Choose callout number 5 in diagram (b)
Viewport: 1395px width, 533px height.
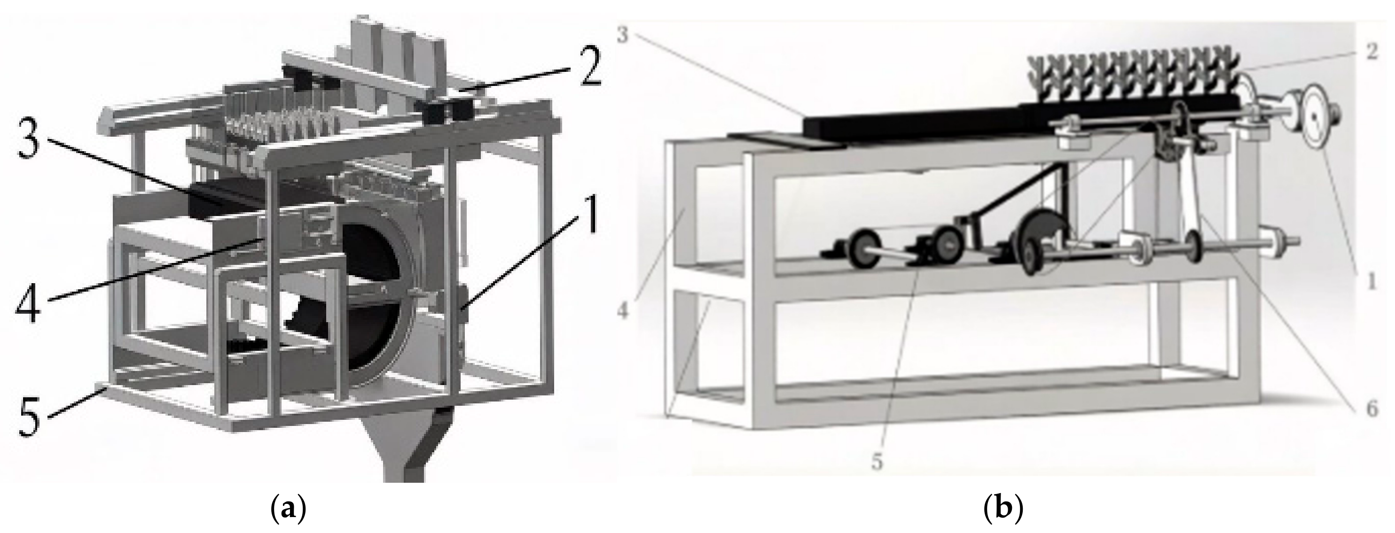coord(878,463)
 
